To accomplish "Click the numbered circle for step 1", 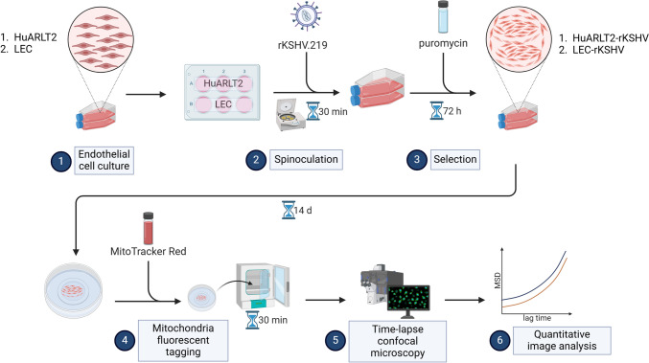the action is tap(61, 160).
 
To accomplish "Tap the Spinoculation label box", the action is tap(307, 160).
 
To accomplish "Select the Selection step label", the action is tap(455, 160).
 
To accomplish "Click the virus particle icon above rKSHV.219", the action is tap(307, 16).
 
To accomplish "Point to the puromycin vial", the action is tap(443, 16).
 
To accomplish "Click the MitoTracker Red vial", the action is tap(149, 228).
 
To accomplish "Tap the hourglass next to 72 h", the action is tap(437, 111).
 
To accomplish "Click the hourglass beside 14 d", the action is tap(289, 210).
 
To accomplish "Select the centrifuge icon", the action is tap(290, 115).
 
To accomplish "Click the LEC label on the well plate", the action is tap(223, 104).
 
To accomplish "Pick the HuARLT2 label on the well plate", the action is tap(223, 83).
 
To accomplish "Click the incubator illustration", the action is tap(263, 286).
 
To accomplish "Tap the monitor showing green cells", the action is tap(408, 298).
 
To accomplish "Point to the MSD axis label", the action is tap(498, 281).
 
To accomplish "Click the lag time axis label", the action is tap(537, 318).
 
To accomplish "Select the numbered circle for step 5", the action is tap(336, 340).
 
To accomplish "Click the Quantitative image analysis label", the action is tap(562, 340).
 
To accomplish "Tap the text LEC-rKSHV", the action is tap(591, 50).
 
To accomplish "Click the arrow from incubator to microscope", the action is tap(325, 300).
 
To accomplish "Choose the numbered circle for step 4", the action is tap(125, 340).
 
